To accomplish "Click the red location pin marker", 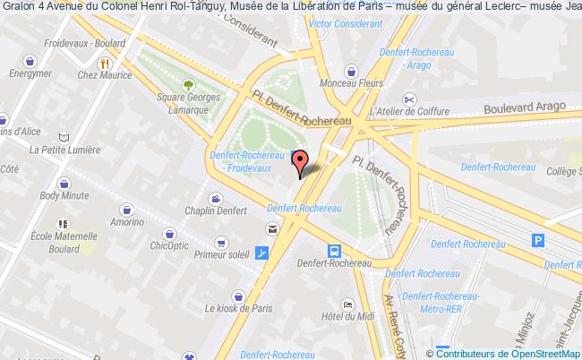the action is click(x=301, y=162).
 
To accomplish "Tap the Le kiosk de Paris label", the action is click(x=237, y=308).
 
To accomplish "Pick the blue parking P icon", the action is click(x=538, y=239).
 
